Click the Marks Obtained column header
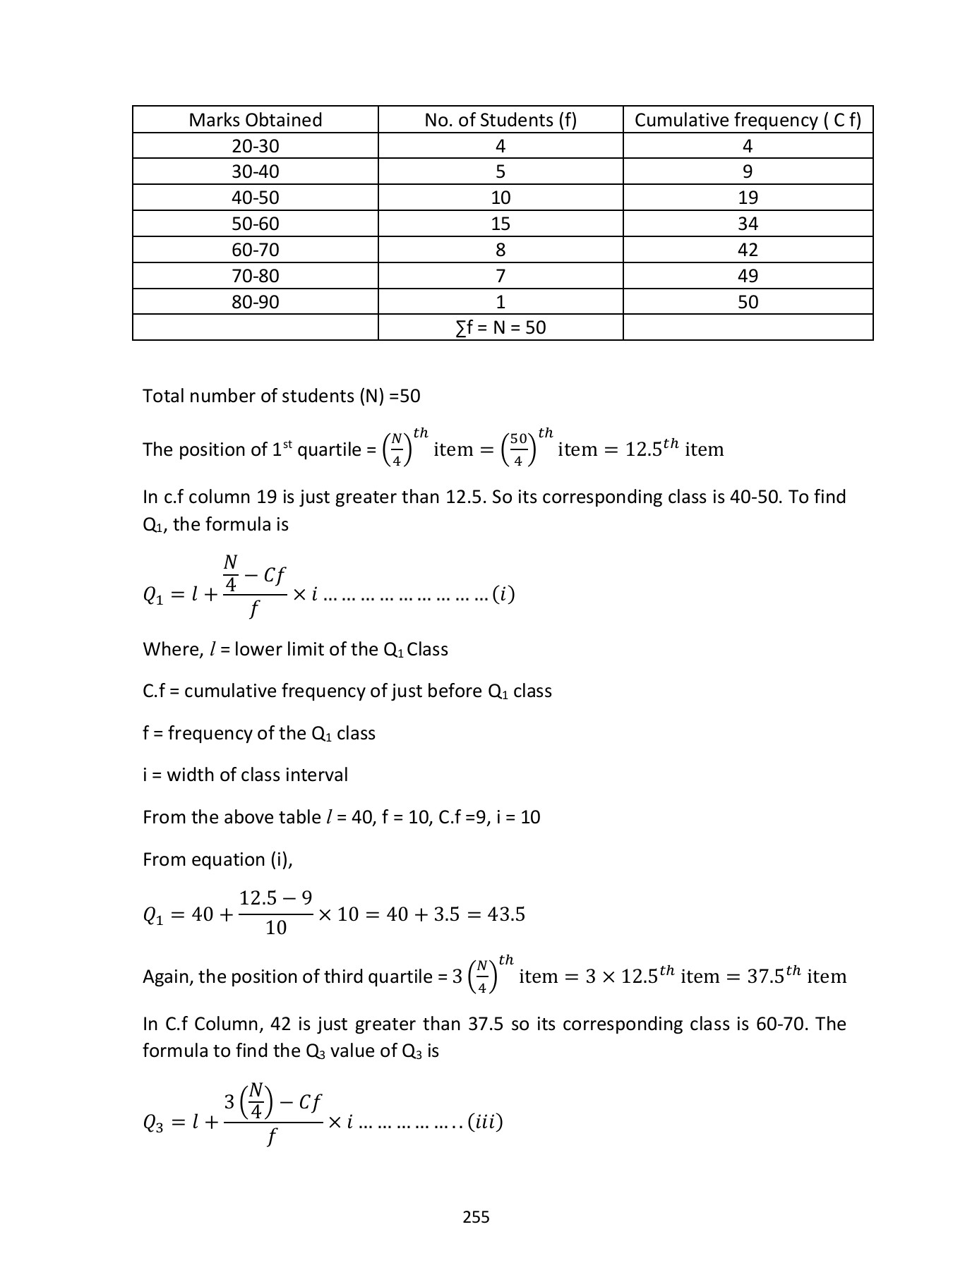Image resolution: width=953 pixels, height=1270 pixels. [255, 120]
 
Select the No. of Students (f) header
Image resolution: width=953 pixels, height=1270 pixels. [501, 120]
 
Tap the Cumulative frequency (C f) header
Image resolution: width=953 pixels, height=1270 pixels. [748, 120]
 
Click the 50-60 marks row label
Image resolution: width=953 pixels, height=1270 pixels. [255, 224]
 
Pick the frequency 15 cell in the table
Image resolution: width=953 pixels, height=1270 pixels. [501, 224]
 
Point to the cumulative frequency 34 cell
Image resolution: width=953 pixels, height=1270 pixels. [748, 224]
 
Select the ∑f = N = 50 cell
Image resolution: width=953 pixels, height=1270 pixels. [501, 328]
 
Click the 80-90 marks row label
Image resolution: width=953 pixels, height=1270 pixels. [255, 303]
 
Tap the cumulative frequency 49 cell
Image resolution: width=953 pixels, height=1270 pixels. [748, 277]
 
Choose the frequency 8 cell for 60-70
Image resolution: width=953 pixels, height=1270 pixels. [501, 250]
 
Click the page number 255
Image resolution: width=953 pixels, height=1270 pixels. [476, 1216]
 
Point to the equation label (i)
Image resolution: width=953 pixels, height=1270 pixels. [503, 595]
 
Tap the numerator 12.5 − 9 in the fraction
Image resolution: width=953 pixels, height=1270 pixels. [275, 898]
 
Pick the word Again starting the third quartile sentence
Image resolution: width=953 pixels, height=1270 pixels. [167, 977]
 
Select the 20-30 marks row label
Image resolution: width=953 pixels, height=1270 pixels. [255, 147]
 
